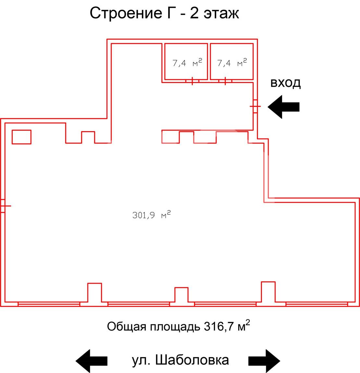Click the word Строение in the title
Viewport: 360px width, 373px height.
coord(126,13)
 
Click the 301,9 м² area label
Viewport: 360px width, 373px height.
coord(151,215)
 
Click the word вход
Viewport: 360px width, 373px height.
coord(285,83)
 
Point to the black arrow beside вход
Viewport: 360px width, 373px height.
coord(284,107)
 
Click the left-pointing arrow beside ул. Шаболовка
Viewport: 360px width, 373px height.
coord(92,361)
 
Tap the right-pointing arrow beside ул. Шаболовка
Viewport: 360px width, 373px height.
coord(264,361)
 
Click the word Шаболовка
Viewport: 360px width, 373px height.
coord(192,360)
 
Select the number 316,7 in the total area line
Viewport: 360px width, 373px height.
coord(219,327)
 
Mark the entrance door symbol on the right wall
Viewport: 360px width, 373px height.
coord(255,106)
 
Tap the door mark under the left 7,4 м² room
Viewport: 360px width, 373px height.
coord(192,81)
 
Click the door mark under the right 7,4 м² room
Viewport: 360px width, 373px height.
coord(225,81)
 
